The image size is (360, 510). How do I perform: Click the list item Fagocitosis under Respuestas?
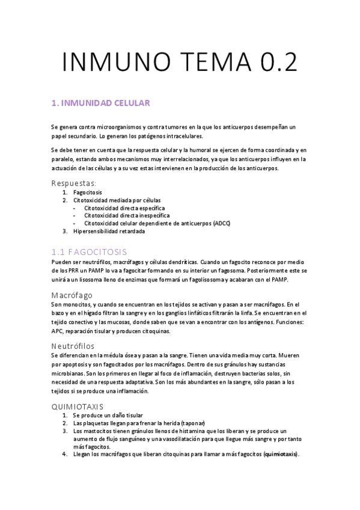89,192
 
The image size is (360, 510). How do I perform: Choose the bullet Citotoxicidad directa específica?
124,207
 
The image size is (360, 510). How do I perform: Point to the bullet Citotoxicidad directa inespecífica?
127,215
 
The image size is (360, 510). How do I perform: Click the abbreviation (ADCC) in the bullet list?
221,223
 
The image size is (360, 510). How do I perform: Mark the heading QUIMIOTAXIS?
78,406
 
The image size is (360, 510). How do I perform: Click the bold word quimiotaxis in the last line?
281,454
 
